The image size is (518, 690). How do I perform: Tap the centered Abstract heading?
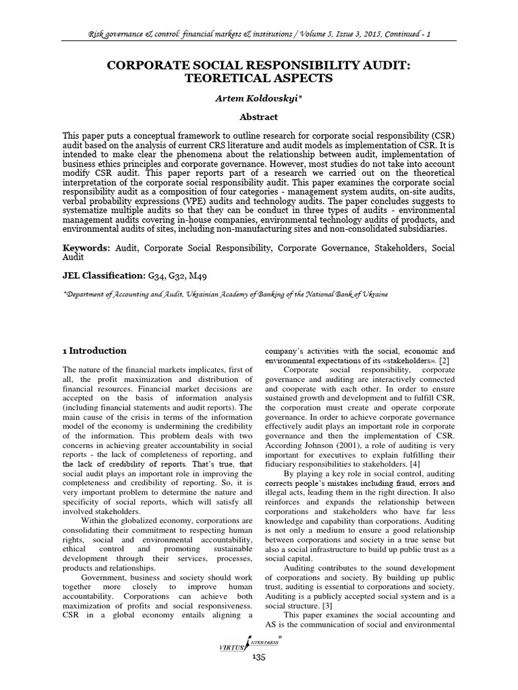click(259, 117)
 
